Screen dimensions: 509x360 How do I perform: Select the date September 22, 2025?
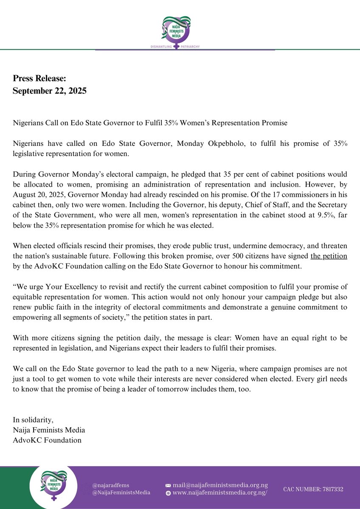[50, 91]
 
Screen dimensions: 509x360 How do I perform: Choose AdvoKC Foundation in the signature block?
[47, 440]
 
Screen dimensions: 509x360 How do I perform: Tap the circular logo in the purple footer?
[53, 489]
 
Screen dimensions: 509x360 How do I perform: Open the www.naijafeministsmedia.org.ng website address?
[220, 493]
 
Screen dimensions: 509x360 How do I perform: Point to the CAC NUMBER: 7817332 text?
[313, 489]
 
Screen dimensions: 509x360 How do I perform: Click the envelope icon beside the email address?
[168, 485]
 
